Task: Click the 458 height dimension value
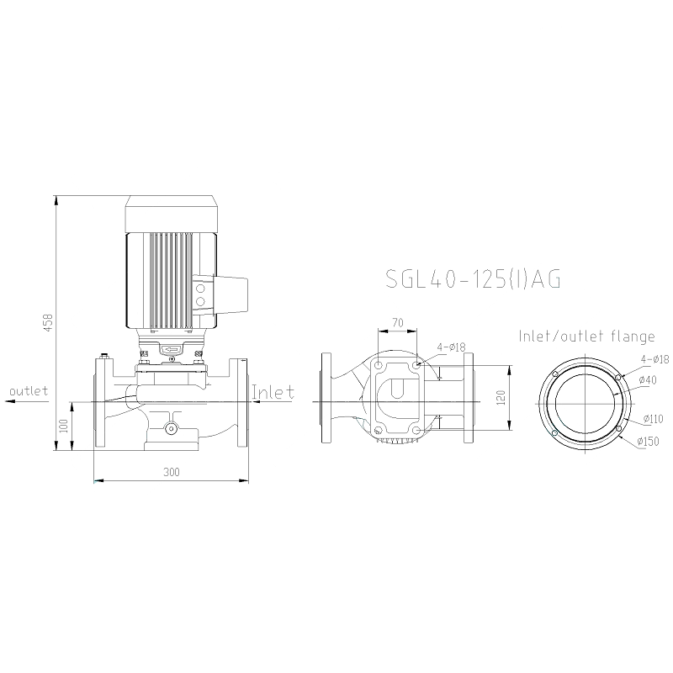[48, 322]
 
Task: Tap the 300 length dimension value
[172, 472]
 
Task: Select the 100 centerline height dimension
[64, 427]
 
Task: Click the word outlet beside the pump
[29, 391]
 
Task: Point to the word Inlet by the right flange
[273, 392]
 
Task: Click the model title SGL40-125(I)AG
[473, 279]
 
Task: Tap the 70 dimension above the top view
[398, 322]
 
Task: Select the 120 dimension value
[501, 398]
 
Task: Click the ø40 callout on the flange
[647, 380]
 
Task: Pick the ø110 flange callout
[654, 418]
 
